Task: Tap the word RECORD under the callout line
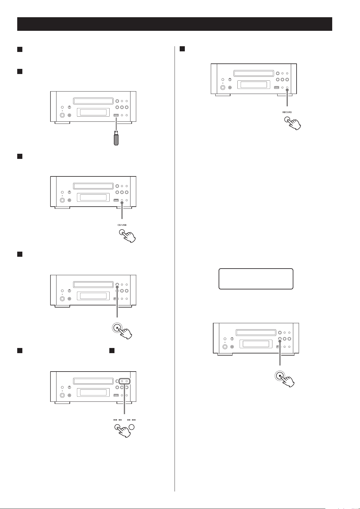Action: (x=287, y=112)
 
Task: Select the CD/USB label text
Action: (x=122, y=225)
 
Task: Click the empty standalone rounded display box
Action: (x=256, y=279)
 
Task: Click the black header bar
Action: (x=175, y=24)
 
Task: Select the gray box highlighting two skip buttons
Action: (x=124, y=381)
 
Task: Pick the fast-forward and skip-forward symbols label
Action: (x=131, y=420)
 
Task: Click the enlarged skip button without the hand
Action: (x=132, y=427)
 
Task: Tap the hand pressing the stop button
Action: (x=288, y=381)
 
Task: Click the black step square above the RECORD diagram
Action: (x=182, y=49)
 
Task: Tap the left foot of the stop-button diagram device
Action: (x=225, y=354)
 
